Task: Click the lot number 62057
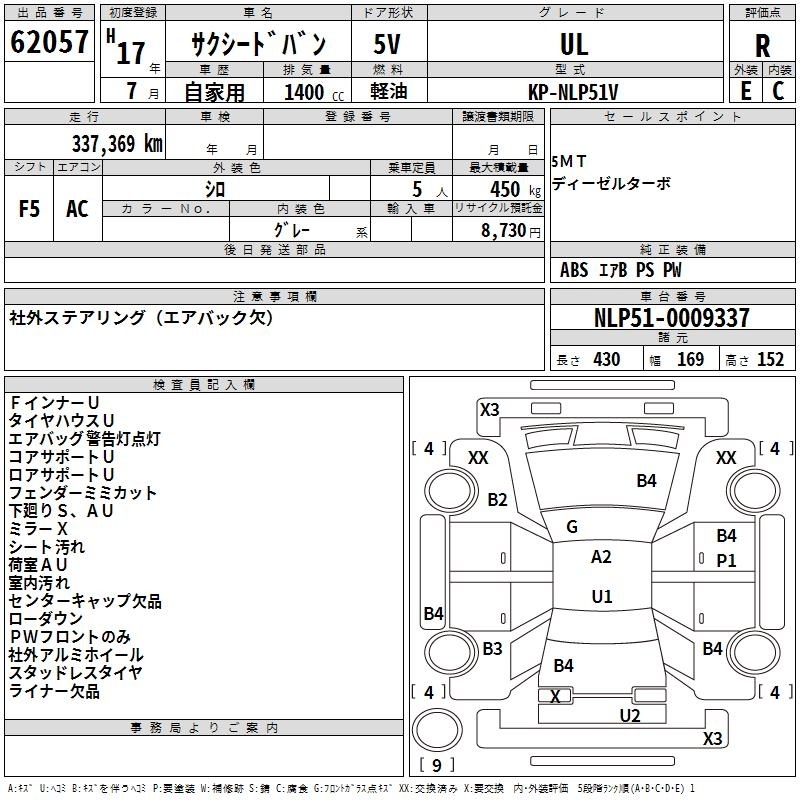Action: (x=49, y=42)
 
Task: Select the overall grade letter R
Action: (x=762, y=46)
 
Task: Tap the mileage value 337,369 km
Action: (x=117, y=144)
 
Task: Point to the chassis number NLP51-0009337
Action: (x=672, y=318)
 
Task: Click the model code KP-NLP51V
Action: (x=573, y=92)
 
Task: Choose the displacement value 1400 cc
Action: (x=314, y=92)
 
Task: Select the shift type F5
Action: (x=29, y=209)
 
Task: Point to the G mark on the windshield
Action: (x=572, y=527)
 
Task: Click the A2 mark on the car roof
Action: (x=601, y=557)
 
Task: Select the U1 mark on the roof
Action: (x=602, y=596)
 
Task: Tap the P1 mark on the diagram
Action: (x=726, y=561)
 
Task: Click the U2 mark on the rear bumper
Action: (x=630, y=716)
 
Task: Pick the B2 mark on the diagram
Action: (x=497, y=499)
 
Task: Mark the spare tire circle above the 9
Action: (x=437, y=730)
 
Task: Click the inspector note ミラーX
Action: (x=38, y=529)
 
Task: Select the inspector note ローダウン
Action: (x=45, y=618)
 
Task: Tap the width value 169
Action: (x=690, y=359)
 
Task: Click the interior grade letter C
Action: (x=778, y=91)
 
